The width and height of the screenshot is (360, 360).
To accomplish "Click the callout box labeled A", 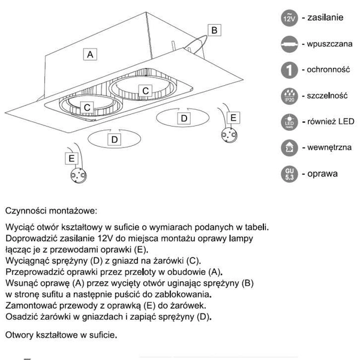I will click(89, 55).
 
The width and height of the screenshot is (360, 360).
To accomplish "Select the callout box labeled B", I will click(215, 29).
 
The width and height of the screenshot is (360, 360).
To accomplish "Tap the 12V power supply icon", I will click(288, 18).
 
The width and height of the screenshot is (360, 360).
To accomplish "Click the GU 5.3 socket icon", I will click(288, 175).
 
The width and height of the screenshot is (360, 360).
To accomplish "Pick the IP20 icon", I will click(288, 96).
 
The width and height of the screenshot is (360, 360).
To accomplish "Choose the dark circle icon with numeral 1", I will click(288, 70).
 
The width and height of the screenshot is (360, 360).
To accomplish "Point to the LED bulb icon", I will click(288, 122).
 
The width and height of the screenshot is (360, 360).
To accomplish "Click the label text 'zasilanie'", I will click(324, 17).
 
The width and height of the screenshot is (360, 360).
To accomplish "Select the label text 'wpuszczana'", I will click(327, 44).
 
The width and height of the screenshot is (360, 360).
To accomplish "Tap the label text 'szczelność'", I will click(327, 95).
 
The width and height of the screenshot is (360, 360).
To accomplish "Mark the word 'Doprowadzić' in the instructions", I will click(31, 239).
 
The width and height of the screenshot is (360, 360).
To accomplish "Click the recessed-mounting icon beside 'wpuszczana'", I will click(288, 44).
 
